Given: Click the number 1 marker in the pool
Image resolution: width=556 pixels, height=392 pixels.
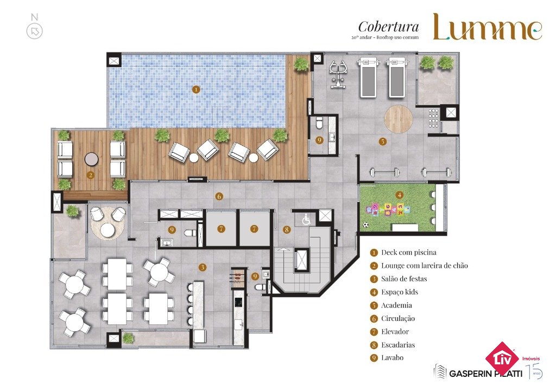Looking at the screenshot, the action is tap(195, 89).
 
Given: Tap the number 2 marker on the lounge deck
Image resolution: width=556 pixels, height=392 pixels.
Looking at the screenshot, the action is tap(91, 175).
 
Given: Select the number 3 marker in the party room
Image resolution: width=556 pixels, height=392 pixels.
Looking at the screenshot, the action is tap(202, 267).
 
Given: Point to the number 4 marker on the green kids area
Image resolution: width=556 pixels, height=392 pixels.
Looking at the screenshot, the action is tap(400, 195).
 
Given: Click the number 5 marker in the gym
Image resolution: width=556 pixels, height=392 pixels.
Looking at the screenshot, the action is tap(382, 142).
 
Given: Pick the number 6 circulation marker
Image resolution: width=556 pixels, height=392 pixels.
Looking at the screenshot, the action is tap(219, 196).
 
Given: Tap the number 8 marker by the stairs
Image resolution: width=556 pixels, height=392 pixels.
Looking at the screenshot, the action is tap(287, 229).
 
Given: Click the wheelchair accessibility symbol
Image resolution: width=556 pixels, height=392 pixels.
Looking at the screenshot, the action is tap(306, 220).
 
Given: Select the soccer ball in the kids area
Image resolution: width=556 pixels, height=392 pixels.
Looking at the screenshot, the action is tap(365, 224).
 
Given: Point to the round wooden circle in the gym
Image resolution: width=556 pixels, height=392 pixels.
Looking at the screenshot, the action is tap(399, 119).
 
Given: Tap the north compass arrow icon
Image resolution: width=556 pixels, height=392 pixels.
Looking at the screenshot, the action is tap(35, 31).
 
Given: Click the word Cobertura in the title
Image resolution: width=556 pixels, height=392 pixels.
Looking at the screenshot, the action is tap(389, 27).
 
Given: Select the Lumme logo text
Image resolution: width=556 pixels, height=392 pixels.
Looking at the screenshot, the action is tap(488, 27).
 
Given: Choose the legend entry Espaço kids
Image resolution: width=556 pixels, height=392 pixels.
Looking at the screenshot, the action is tap(400, 292).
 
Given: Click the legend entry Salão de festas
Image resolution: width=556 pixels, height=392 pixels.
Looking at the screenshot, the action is tap(404, 279).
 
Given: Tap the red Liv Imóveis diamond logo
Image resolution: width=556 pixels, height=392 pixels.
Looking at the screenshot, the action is tap(502, 359).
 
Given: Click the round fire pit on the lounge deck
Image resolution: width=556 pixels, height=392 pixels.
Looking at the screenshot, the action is tap(91, 159).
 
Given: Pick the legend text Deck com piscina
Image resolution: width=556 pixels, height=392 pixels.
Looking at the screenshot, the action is tap(409, 253).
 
